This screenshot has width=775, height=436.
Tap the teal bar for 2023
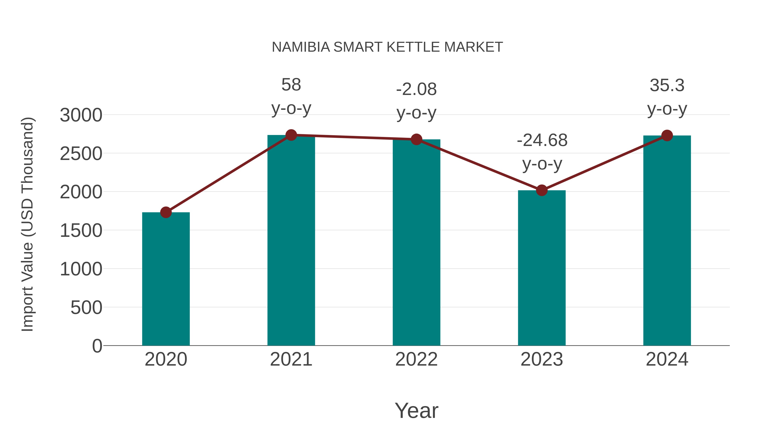pyautogui.click(x=542, y=268)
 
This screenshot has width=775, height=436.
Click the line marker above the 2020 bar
pyautogui.click(x=166, y=213)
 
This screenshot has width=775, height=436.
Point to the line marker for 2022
pyautogui.click(x=416, y=139)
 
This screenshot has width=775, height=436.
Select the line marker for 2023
pyautogui.click(x=542, y=190)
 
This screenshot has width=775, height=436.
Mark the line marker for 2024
pyautogui.click(x=667, y=136)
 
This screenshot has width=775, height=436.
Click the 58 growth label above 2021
pyautogui.click(x=291, y=85)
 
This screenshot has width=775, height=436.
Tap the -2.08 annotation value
pyautogui.click(x=416, y=89)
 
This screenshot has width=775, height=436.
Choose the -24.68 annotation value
pyautogui.click(x=542, y=141)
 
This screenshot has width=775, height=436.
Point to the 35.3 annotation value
pyautogui.click(x=667, y=85)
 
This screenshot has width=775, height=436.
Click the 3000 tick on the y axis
pyautogui.click(x=81, y=115)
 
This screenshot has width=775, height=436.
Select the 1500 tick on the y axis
pyautogui.click(x=81, y=231)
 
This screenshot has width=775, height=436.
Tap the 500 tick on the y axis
pyautogui.click(x=86, y=308)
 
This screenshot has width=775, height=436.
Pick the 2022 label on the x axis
pyautogui.click(x=416, y=359)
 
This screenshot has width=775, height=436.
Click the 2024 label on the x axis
pyautogui.click(x=667, y=359)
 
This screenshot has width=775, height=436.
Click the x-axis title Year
pyautogui.click(x=416, y=411)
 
